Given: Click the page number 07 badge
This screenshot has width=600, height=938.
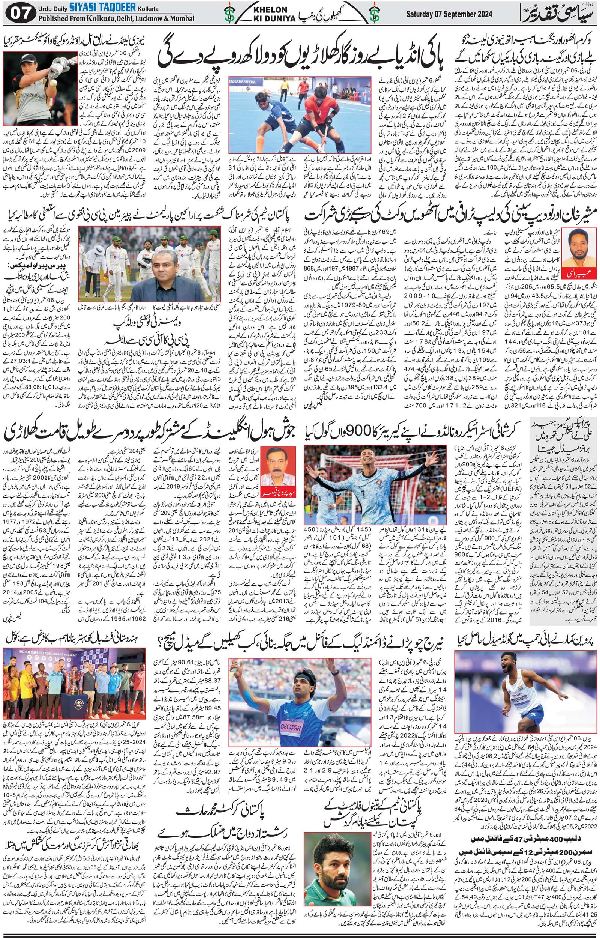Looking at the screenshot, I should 20,14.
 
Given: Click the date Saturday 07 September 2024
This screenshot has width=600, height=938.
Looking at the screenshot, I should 449,14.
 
